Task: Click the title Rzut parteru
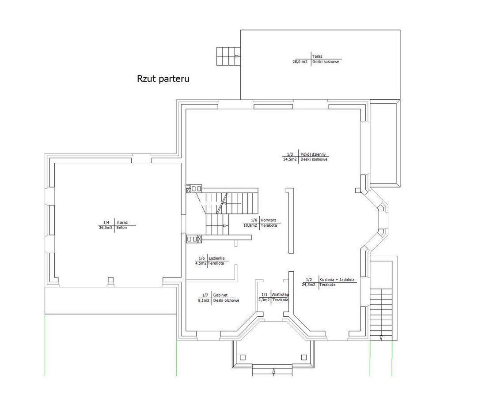[x=163, y=79]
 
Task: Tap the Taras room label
[x=317, y=56]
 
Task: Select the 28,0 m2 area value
[x=300, y=62]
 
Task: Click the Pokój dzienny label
[x=313, y=154]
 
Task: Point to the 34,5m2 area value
[x=290, y=160]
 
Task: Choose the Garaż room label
[x=122, y=222]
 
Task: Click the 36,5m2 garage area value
[x=106, y=228]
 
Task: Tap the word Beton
[x=121, y=228]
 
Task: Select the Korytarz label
[x=269, y=220]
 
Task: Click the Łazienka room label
[x=216, y=258]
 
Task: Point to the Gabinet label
[x=220, y=295]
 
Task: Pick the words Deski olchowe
[x=226, y=300]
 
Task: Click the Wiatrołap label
[x=280, y=294]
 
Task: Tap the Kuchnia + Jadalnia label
[x=337, y=280]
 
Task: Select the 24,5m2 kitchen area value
[x=309, y=285]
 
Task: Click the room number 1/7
[x=205, y=295]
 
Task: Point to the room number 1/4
[x=106, y=222]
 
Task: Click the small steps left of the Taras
[x=228, y=56]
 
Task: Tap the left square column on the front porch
[x=243, y=357]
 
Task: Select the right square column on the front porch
[x=304, y=357]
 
